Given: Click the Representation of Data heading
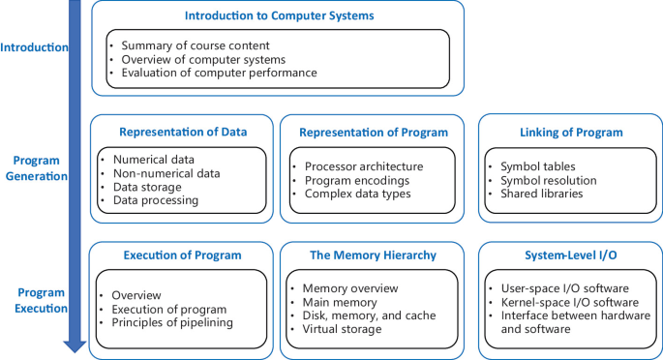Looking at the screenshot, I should [x=182, y=133].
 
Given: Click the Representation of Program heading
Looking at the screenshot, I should [x=373, y=133].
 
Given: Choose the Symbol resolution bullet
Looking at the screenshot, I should [x=550, y=180].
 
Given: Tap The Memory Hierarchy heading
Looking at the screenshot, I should [x=373, y=255].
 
